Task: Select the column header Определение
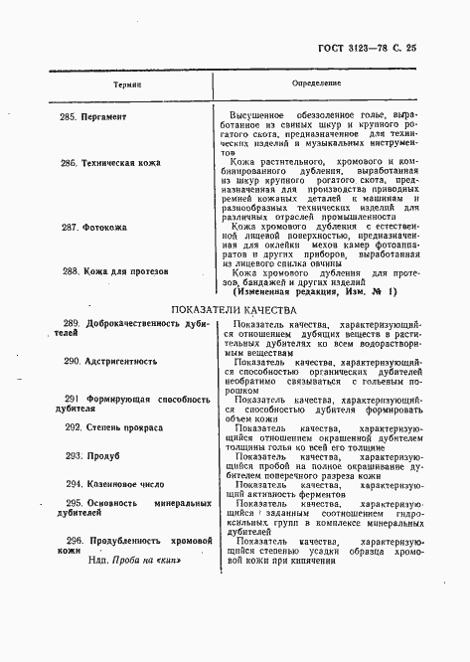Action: [x=319, y=85]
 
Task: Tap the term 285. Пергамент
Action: [x=99, y=115]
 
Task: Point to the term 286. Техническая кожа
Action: [x=115, y=162]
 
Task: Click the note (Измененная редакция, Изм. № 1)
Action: [x=314, y=291]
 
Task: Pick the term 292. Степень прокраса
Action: [x=115, y=426]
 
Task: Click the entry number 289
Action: [x=72, y=324]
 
